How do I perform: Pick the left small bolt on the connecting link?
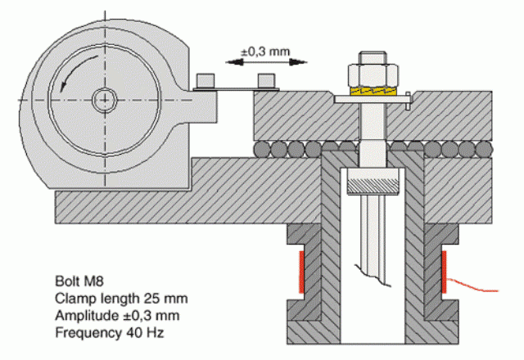pyautogui.click(x=205, y=80)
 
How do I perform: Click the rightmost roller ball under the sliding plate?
pyautogui.click(x=484, y=149)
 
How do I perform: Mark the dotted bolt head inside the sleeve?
pyautogui.click(x=373, y=182)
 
